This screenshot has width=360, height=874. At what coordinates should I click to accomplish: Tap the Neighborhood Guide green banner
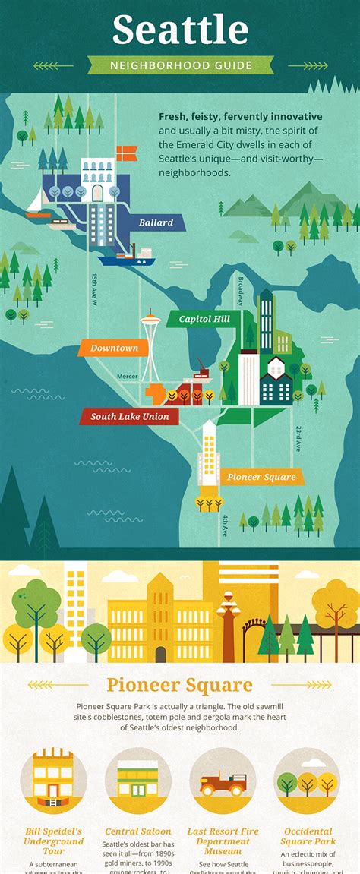click(x=180, y=65)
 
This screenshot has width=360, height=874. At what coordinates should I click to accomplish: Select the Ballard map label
click(x=156, y=223)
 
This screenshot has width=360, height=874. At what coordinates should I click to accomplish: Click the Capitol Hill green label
click(x=204, y=320)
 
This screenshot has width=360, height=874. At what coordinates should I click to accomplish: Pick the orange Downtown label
click(x=114, y=349)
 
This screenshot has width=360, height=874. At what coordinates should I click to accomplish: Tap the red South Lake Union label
click(x=129, y=417)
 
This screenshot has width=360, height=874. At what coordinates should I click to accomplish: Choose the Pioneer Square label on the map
click(x=260, y=478)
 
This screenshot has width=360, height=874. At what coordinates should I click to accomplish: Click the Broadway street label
click(x=240, y=291)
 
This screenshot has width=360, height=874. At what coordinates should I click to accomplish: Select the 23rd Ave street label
click(x=298, y=438)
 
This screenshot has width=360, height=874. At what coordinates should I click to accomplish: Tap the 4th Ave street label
click(x=226, y=525)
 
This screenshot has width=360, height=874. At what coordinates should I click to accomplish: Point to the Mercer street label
click(x=128, y=376)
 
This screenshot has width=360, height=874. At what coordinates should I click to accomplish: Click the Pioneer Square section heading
click(x=180, y=685)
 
